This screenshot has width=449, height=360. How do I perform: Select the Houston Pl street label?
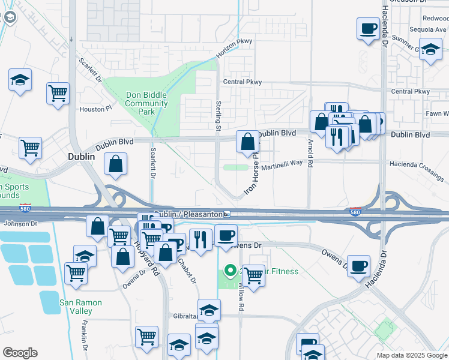(x=96, y=109)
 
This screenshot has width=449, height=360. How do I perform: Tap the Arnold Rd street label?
(x=310, y=153)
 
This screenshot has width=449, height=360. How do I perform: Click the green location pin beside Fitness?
(x=229, y=271)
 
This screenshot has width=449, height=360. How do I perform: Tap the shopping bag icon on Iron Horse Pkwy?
(x=247, y=142)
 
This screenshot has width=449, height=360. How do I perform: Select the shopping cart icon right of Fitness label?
(x=254, y=276)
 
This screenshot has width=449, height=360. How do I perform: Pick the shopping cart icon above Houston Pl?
(x=58, y=93)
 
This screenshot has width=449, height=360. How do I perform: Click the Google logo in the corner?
(x=20, y=353)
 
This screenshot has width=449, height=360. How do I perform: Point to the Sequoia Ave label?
(x=426, y=29)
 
